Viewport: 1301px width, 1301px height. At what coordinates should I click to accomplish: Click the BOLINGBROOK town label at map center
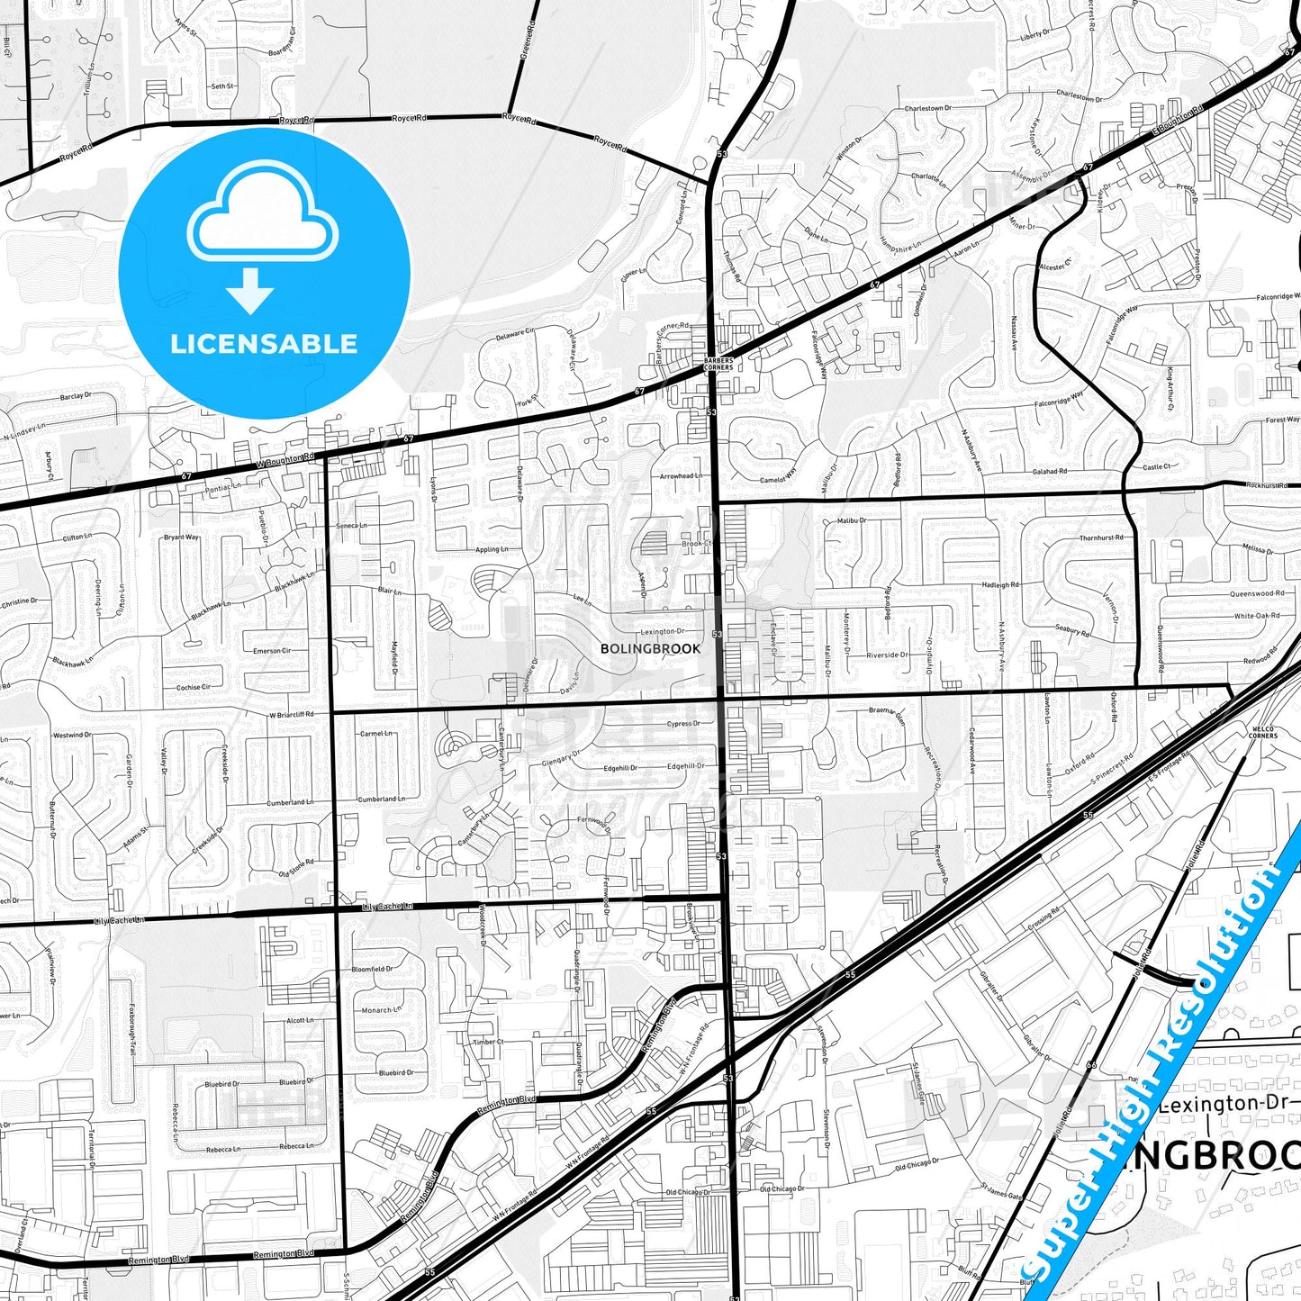[x=650, y=648]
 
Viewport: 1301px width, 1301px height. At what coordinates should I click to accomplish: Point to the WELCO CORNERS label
[x=1262, y=733]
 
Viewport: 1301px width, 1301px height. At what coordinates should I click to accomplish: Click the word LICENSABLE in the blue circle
[x=264, y=344]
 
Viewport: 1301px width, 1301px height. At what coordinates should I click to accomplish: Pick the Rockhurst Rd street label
[x=1267, y=484]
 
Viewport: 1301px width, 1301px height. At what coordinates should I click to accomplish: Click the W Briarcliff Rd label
[x=292, y=714]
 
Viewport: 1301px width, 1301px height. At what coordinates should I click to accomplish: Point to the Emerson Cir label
[x=272, y=650]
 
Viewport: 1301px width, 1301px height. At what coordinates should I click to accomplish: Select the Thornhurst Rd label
[x=1101, y=538]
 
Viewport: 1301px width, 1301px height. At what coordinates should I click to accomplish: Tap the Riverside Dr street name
[x=888, y=655]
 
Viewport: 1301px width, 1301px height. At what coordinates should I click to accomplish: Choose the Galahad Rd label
[x=1050, y=471]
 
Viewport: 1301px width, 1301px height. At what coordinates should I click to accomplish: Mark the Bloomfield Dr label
[x=373, y=969]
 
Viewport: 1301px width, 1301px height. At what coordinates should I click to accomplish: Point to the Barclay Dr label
[x=76, y=396]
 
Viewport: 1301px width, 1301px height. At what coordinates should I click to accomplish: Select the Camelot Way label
[x=778, y=474]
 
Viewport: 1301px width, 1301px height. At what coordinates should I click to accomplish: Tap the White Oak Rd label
[x=1256, y=616]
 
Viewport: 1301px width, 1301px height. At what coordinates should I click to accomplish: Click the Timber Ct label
[x=488, y=1042]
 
